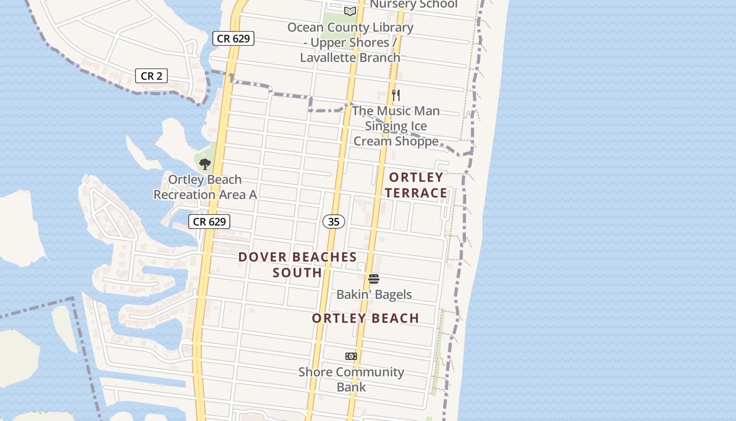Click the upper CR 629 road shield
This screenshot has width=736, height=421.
[x=233, y=38]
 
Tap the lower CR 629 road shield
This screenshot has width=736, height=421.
[x=209, y=222]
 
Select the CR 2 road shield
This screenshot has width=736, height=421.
[x=151, y=76]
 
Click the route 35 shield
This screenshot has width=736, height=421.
[x=334, y=222]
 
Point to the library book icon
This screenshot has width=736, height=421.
[x=350, y=11]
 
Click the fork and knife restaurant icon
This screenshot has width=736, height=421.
[x=396, y=95]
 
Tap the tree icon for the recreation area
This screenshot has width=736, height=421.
[x=205, y=164]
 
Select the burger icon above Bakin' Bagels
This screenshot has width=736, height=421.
[x=374, y=279]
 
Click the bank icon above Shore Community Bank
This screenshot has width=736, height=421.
[x=351, y=356]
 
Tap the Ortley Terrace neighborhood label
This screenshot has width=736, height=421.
[x=416, y=185]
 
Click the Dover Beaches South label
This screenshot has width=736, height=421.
[x=298, y=265]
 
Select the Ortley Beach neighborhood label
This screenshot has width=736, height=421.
[x=365, y=318]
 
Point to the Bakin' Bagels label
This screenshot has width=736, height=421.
[x=374, y=294]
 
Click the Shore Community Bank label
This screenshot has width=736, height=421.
[x=351, y=379]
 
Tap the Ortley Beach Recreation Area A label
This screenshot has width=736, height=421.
[x=205, y=187]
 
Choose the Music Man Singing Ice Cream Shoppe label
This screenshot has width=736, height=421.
[x=396, y=126]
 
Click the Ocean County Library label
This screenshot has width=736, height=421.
[x=350, y=42]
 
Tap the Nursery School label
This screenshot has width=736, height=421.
[x=414, y=5]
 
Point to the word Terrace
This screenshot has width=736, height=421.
[x=416, y=193]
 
